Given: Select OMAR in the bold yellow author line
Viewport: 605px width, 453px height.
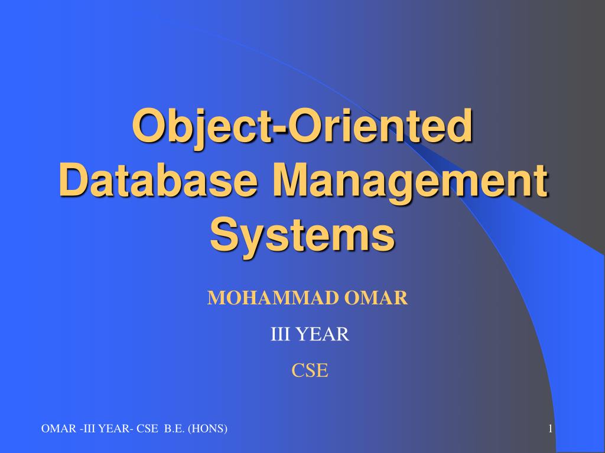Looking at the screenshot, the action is click(376, 298).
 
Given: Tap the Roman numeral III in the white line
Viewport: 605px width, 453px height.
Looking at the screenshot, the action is click(280, 334).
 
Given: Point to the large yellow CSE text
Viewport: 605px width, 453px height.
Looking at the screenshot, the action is click(310, 370).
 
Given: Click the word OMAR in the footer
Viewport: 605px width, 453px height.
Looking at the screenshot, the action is click(58, 429).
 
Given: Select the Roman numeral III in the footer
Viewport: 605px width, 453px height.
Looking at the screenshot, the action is click(89, 429).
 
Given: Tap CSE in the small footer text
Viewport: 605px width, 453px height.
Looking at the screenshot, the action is click(147, 429).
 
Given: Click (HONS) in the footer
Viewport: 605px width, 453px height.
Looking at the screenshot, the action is click(207, 429).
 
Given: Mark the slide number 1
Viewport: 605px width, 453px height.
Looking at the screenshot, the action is click(551, 429).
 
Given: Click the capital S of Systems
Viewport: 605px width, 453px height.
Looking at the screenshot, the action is click(225, 234).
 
